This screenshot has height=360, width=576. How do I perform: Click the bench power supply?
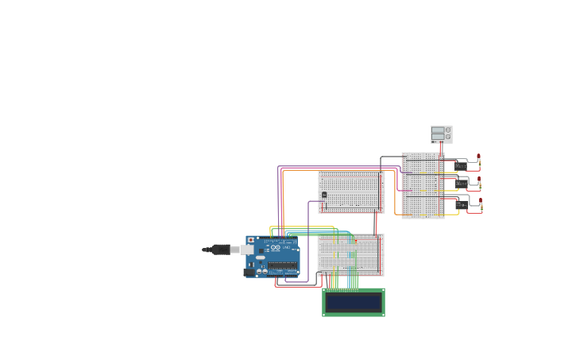point(441,134)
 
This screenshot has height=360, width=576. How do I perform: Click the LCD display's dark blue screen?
point(354,302)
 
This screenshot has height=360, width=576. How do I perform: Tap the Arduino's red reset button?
point(251,240)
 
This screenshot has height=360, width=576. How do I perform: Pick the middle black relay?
point(461,184)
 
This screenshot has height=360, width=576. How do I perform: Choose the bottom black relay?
point(461,204)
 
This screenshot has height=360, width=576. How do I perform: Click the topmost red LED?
point(478,157)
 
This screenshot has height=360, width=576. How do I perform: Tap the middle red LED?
point(479,179)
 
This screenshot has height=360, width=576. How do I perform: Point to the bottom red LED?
point(480,199)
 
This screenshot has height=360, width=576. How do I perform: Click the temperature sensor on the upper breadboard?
point(324,195)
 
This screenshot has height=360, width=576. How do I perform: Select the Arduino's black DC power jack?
point(249,273)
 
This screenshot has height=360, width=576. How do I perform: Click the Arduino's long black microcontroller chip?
point(283,265)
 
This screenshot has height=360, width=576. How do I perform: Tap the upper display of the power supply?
point(438,130)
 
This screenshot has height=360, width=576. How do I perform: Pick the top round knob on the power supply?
point(447,130)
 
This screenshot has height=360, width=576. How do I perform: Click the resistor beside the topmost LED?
point(479,165)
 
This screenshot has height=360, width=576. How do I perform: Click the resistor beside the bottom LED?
point(481,207)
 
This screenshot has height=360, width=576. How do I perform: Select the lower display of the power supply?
point(438,137)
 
